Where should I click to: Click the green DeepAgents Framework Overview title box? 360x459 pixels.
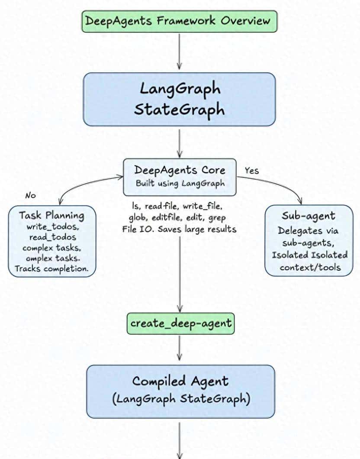point(178,21)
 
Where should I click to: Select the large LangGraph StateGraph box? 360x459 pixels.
point(179,99)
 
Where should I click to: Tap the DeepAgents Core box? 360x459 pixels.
point(180,176)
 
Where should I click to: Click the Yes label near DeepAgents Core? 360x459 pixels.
point(251,171)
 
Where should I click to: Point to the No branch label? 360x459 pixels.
point(30,196)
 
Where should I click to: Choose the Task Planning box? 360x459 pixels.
point(51,241)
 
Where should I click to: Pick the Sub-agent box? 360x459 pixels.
point(309,240)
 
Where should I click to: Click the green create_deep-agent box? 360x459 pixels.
point(180,323)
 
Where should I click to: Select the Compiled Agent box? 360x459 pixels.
point(180,391)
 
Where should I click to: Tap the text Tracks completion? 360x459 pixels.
point(51,268)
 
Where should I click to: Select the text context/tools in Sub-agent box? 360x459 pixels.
point(310,267)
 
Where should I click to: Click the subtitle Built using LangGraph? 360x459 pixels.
point(180,183)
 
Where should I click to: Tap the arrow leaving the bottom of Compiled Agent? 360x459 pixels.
point(180,437)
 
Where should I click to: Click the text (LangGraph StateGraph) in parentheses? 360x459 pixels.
point(180,399)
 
